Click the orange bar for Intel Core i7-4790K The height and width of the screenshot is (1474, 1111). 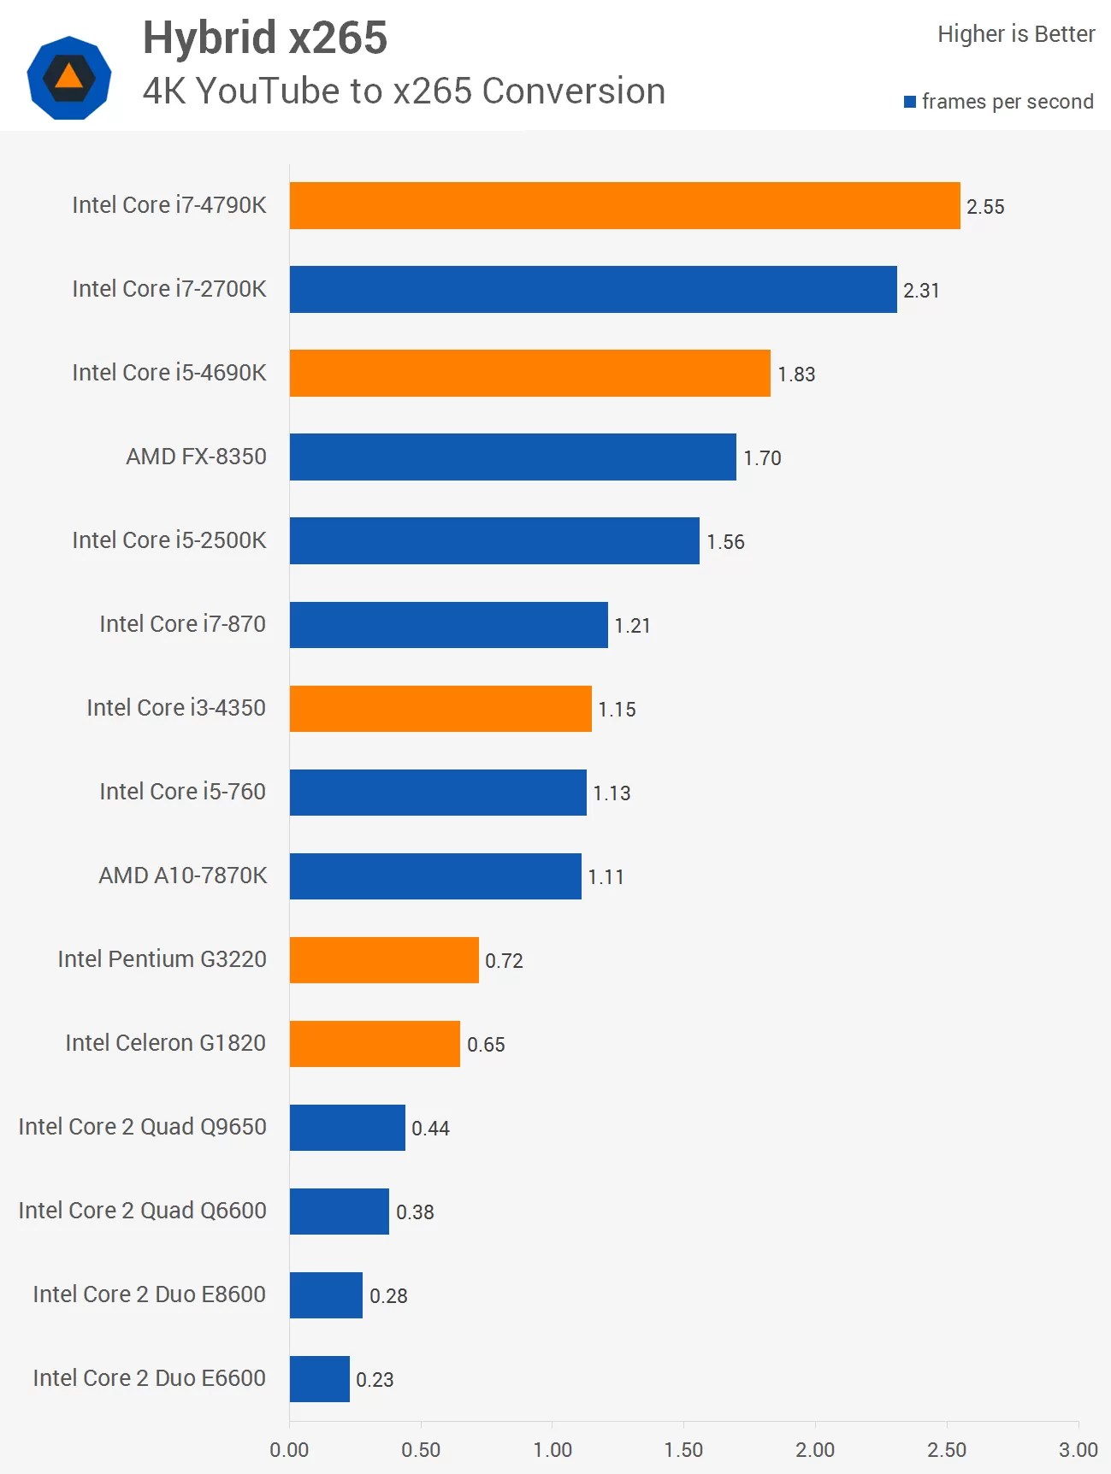624,205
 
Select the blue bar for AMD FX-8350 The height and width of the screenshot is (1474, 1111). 512,457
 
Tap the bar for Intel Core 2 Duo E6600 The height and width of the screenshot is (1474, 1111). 319,1378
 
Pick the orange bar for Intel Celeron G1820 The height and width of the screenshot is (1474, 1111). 375,1043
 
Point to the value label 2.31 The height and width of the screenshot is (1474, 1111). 921,291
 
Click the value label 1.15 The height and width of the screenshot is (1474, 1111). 617,710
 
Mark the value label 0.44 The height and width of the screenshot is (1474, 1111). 430,1129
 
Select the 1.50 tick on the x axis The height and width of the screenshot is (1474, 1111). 683,1449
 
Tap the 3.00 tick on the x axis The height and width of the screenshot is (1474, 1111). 1078,1449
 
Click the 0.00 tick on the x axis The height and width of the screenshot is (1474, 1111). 289,1449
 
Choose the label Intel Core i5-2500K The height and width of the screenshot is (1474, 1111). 169,540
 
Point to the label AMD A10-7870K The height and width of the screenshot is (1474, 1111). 183,876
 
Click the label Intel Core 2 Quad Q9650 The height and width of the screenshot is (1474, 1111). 142,1127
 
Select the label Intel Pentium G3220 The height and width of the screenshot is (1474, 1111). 162,959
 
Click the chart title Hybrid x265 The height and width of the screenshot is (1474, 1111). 265,38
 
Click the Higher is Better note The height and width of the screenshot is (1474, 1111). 1016,34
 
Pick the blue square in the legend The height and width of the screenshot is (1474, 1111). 910,102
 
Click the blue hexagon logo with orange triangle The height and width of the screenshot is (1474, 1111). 69,78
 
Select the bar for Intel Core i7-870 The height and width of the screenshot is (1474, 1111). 448,624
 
